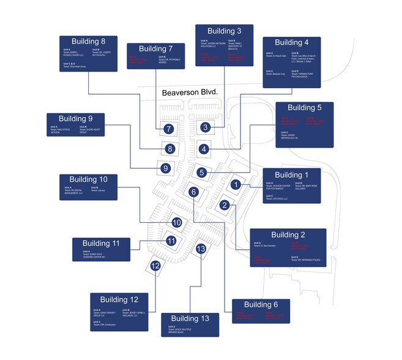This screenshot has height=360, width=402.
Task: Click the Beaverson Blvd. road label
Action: (190, 93)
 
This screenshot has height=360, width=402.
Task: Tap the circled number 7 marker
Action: (169, 129)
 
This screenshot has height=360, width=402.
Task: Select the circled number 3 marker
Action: (206, 127)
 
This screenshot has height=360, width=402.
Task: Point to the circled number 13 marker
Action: (201, 249)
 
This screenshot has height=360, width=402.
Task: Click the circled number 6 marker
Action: (194, 192)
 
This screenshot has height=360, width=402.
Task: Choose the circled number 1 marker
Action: (236, 184)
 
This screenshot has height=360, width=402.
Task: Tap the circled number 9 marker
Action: (164, 168)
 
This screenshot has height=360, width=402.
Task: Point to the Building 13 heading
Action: (190, 318)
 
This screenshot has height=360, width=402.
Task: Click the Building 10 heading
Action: (91, 179)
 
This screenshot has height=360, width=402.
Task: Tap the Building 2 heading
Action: (288, 234)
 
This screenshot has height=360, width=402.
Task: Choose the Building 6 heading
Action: (261, 305)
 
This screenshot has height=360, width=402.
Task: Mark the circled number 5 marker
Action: (201, 172)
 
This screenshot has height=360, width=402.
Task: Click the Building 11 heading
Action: (103, 243)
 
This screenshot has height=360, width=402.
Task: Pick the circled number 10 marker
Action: (177, 223)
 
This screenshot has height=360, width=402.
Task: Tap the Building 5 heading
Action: (305, 108)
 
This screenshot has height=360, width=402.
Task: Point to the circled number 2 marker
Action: (225, 204)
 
